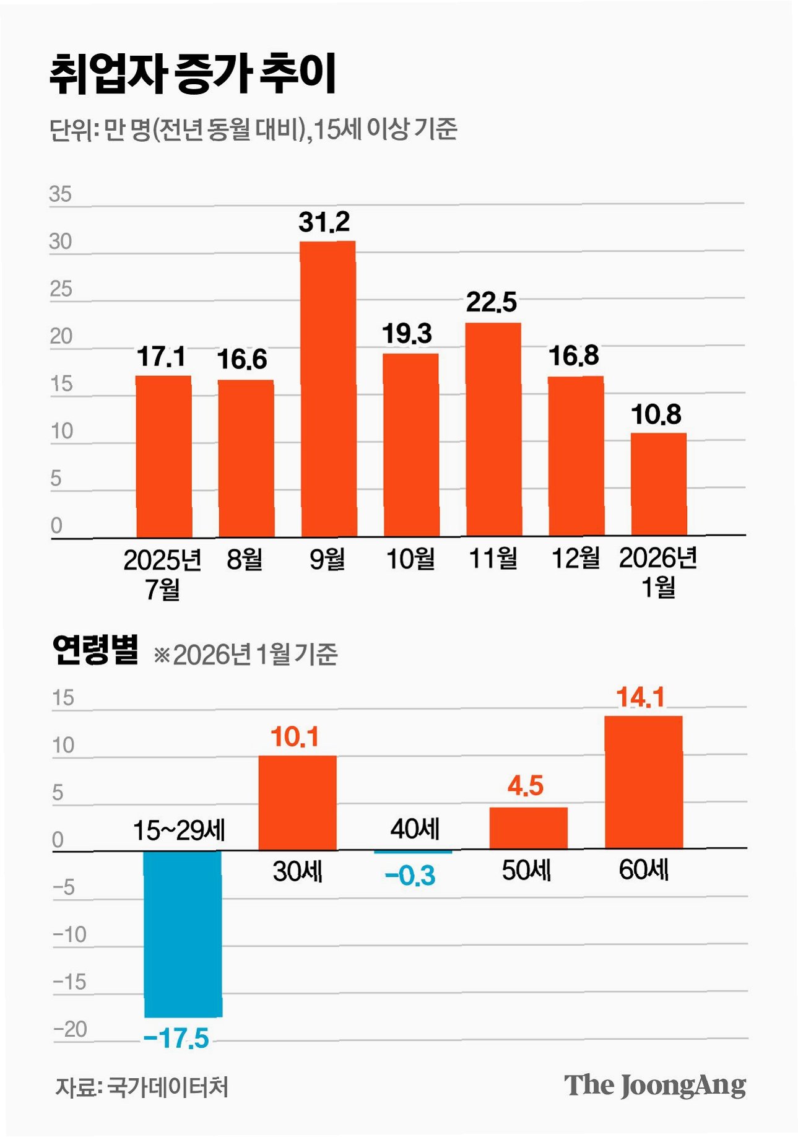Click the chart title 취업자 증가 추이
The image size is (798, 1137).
point(193,74)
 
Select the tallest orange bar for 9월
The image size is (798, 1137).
point(328,388)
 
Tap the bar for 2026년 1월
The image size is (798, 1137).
point(659,484)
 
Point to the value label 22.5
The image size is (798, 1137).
point(492,302)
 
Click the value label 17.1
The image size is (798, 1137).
point(161,357)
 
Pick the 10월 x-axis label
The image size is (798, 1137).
point(410,559)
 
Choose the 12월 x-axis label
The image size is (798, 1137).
point(576,558)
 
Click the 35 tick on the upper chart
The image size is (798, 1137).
point(61,194)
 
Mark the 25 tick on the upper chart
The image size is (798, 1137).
point(61,289)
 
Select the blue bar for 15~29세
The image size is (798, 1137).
point(183,934)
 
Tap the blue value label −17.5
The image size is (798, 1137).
point(176,1039)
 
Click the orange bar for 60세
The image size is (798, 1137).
point(643,782)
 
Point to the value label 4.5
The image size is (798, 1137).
point(526,786)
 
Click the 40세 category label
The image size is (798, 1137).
point(415,829)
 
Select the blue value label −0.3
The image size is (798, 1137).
point(410,876)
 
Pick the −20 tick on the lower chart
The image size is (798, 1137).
point(70,1029)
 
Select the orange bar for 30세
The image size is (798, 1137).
point(298,803)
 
